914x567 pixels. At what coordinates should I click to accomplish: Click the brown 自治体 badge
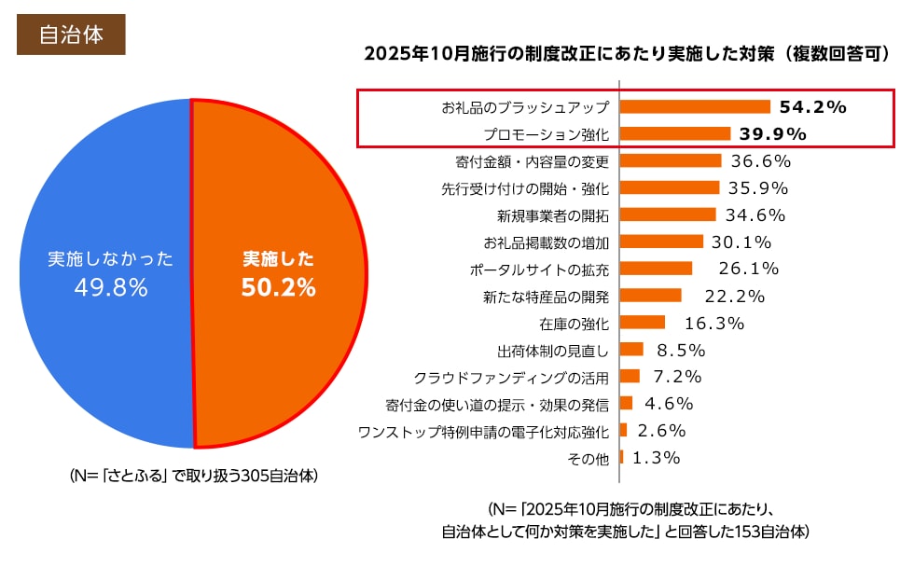(71, 35)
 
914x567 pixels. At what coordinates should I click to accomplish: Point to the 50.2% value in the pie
(278, 288)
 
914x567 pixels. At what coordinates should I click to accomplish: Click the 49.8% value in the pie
(110, 288)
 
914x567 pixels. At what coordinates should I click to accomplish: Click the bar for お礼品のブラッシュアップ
(694, 107)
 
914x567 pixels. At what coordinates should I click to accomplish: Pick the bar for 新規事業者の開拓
(667, 214)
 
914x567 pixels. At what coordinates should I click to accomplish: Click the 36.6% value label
(760, 160)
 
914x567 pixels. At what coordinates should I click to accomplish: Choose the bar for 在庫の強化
(642, 323)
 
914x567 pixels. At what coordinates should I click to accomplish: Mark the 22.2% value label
(734, 297)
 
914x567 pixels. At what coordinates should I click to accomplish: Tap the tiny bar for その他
(622, 458)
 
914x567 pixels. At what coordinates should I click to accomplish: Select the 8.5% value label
(680, 351)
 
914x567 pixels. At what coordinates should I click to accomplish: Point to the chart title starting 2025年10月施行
(626, 54)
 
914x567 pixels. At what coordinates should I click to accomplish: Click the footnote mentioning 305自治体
(194, 476)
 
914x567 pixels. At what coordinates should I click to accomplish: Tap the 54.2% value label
(811, 107)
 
